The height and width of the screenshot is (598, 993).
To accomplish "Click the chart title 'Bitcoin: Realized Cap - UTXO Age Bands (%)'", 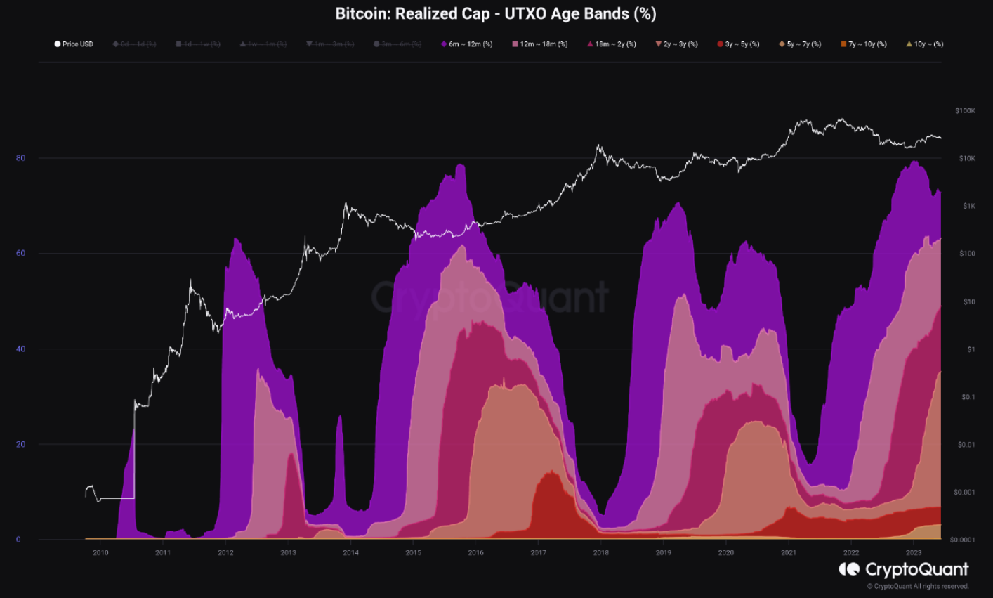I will coord(496,13).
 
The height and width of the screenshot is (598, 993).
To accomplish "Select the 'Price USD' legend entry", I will coord(74,44).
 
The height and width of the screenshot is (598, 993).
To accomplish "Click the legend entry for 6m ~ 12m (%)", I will coord(467,44).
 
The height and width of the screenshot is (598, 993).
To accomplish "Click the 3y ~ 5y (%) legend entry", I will coord(738,44).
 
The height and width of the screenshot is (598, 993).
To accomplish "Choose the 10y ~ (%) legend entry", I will coord(924,44).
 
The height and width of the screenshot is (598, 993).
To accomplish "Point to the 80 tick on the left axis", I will coord(21,158).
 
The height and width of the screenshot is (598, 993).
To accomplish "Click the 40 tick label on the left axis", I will coord(21,349).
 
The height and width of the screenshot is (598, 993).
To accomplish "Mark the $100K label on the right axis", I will coord(965,111).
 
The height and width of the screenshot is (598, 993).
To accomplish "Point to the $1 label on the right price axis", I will coord(971,349).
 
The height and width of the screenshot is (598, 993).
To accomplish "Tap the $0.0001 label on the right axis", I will coord(962,540).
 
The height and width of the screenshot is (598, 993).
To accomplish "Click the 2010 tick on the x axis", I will coord(100,552).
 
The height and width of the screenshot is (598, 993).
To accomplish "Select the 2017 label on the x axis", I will coord(539,552).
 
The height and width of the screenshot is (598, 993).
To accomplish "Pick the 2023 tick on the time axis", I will coord(914,552).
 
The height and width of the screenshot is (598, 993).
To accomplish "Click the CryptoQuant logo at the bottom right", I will coord(904,569).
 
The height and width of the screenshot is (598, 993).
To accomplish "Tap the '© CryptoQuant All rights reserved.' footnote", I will coord(917,586).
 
